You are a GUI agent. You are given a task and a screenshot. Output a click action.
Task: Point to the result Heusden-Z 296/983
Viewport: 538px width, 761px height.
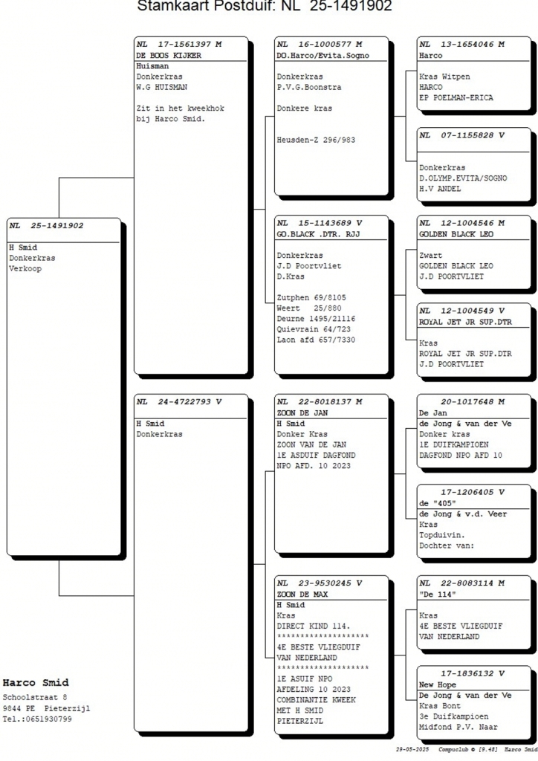pyautogui.click(x=316, y=140)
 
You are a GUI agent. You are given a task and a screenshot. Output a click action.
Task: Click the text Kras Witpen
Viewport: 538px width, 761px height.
pyautogui.click(x=444, y=77)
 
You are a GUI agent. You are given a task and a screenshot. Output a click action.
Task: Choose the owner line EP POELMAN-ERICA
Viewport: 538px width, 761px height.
pyautogui.click(x=456, y=97)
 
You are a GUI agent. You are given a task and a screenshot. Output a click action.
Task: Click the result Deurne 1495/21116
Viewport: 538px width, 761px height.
pyautogui.click(x=316, y=319)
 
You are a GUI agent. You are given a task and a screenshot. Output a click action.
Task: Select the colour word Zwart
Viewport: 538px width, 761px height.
pyautogui.click(x=431, y=256)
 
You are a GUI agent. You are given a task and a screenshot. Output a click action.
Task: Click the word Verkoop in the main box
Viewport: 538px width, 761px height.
pyautogui.click(x=25, y=268)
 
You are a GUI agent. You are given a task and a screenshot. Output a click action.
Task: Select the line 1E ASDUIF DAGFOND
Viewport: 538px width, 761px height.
pyautogui.click(x=316, y=456)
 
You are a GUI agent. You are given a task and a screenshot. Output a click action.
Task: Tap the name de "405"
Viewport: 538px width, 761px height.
pyautogui.click(x=438, y=503)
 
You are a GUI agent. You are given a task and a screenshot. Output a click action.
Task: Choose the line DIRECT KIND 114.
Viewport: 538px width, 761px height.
pyautogui.click(x=313, y=626)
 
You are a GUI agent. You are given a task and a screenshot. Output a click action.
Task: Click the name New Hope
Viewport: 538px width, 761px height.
pyautogui.click(x=438, y=684)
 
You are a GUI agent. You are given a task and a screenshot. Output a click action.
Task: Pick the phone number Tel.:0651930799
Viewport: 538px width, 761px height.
pyautogui.click(x=37, y=719)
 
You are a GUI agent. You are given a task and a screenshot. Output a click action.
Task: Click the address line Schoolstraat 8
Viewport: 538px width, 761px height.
pyautogui.click(x=34, y=697)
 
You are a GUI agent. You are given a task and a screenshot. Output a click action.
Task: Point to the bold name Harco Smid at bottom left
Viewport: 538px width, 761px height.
pyautogui.click(x=36, y=683)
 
